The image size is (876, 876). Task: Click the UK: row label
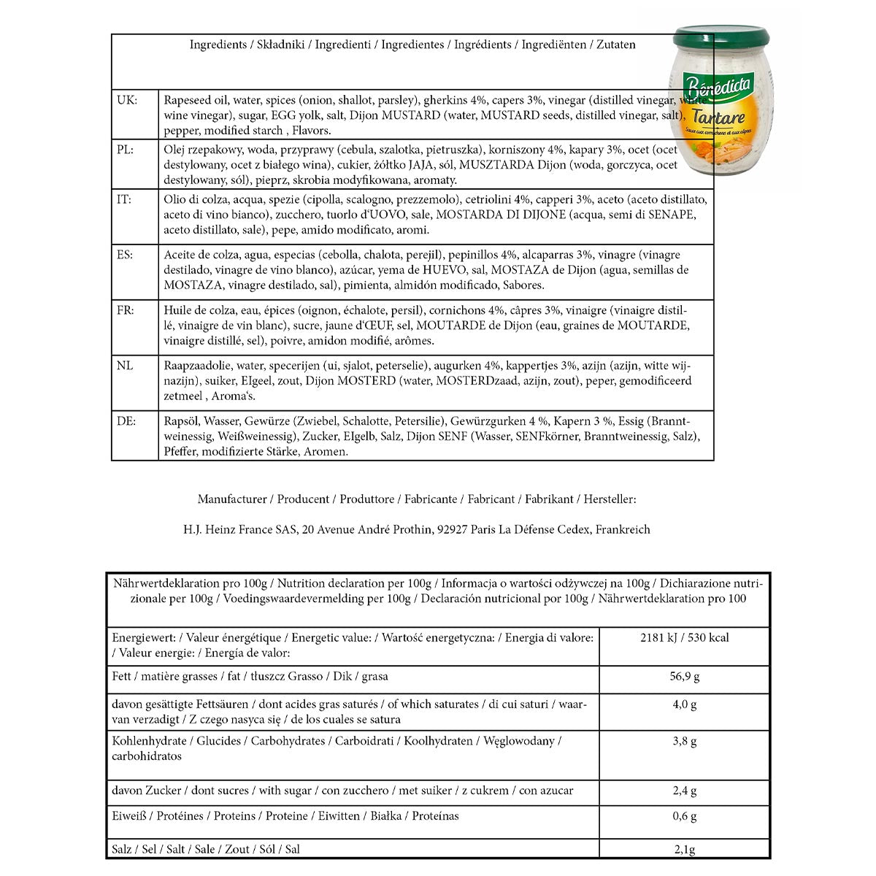[127, 100]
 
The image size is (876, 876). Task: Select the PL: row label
[126, 150]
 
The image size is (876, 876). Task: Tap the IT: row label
[124, 199]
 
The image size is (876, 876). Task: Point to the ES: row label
[125, 255]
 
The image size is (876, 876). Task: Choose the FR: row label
[126, 310]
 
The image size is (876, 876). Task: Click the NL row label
[125, 366]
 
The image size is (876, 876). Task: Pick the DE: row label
[126, 421]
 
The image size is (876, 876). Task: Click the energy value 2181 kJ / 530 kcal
[685, 638]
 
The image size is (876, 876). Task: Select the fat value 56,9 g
[685, 677]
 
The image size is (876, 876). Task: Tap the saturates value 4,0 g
[685, 705]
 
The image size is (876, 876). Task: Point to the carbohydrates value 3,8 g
[685, 742]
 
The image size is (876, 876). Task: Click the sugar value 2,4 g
[685, 791]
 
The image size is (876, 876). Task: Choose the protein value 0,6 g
[685, 817]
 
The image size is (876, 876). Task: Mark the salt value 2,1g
[685, 850]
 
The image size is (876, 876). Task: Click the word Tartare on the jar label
[718, 118]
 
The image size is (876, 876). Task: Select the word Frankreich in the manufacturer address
[623, 530]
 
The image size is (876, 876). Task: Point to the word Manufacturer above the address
[232, 500]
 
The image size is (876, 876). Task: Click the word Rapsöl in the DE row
[181, 421]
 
